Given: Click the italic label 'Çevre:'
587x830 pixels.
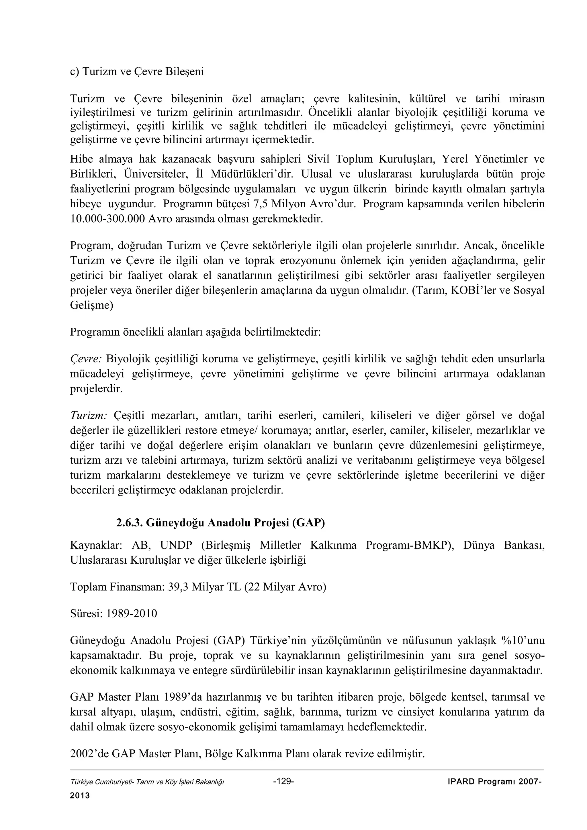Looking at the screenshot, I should pos(86,359).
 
